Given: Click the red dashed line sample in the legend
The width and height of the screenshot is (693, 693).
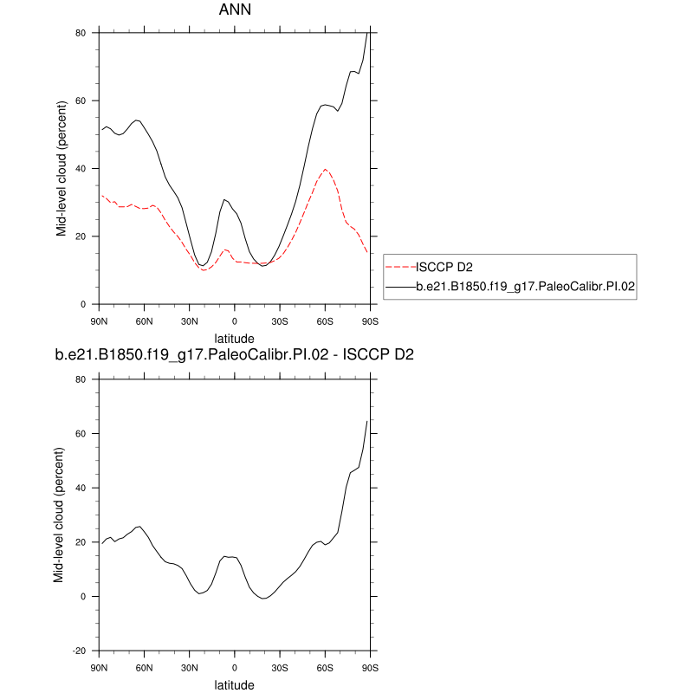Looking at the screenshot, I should tap(400, 266).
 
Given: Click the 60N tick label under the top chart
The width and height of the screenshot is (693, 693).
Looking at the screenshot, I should tap(144, 321).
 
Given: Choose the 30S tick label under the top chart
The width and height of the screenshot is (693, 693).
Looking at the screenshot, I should tap(279, 321).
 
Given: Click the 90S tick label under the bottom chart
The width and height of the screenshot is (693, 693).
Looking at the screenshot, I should tap(370, 668).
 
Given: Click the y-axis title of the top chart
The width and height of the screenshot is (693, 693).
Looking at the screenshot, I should tap(62, 168).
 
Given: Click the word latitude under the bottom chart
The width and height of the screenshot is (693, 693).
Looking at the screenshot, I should tap(234, 685).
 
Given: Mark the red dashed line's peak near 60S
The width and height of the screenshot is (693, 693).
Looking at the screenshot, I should tap(325, 170).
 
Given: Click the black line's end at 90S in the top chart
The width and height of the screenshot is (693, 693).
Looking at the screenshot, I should tap(368, 33).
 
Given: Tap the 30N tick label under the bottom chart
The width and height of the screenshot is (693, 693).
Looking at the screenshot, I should tap(189, 668).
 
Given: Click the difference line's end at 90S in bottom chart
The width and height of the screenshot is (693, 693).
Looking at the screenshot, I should tap(368, 421).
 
